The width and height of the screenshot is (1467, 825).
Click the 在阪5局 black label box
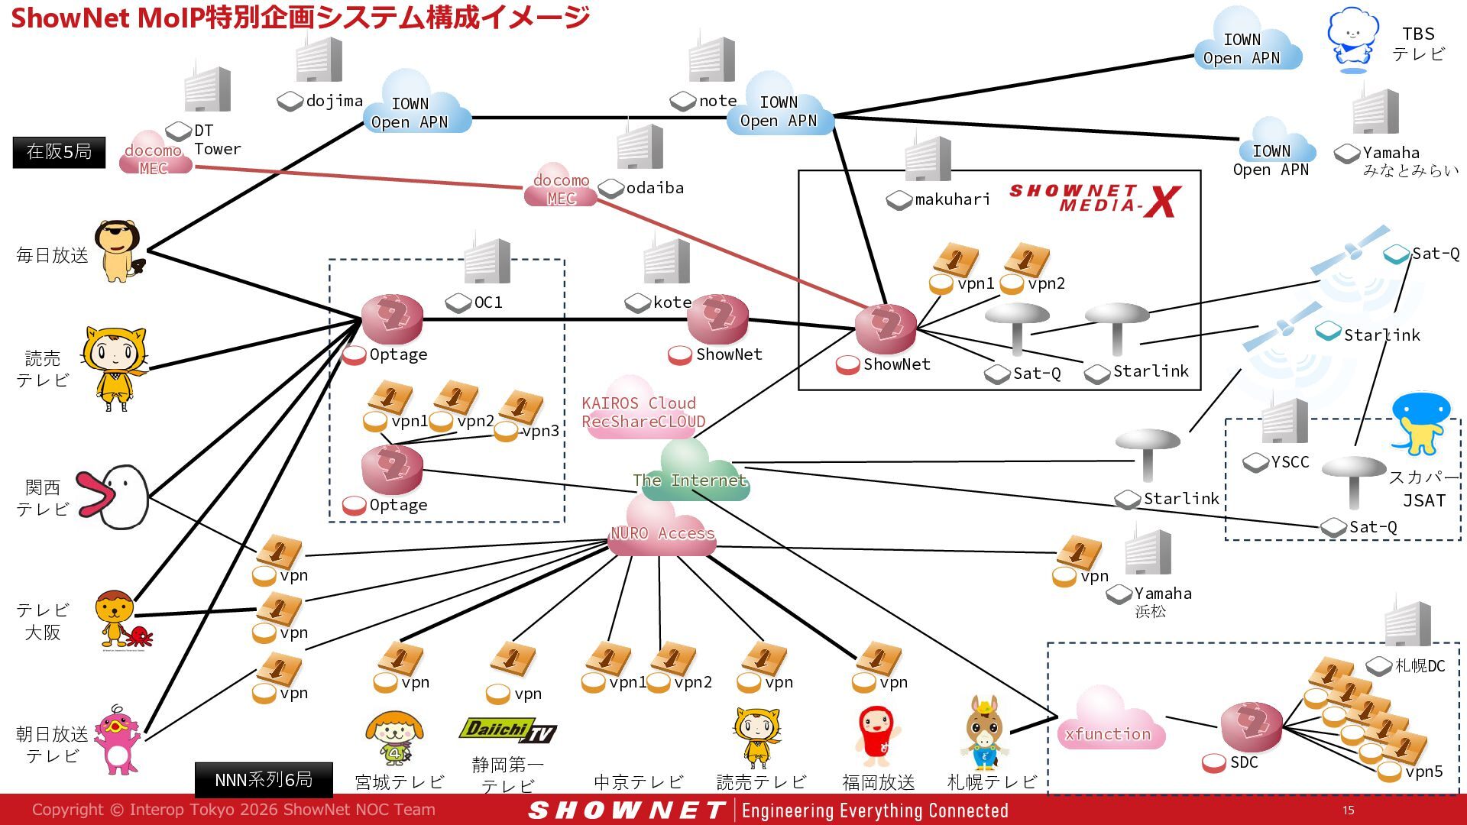coord(59,152)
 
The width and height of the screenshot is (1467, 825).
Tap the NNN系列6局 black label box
coord(264,779)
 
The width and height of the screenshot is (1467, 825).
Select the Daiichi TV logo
coord(507,730)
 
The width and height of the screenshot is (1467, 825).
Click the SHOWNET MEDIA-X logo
coord(1095,200)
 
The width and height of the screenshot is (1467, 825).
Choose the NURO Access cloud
coord(662,527)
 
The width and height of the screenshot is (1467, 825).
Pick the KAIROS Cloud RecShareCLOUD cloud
coord(642,409)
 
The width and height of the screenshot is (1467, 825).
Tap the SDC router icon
coord(1251,727)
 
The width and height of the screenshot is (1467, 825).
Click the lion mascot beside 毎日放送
coord(120,251)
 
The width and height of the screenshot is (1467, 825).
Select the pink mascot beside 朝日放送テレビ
coord(118,739)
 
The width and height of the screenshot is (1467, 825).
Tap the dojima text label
coord(334,101)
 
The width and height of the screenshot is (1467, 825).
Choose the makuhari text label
coord(952,199)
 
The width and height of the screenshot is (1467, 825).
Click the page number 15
coord(1348,810)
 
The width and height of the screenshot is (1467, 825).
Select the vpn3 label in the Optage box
coord(540,431)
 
